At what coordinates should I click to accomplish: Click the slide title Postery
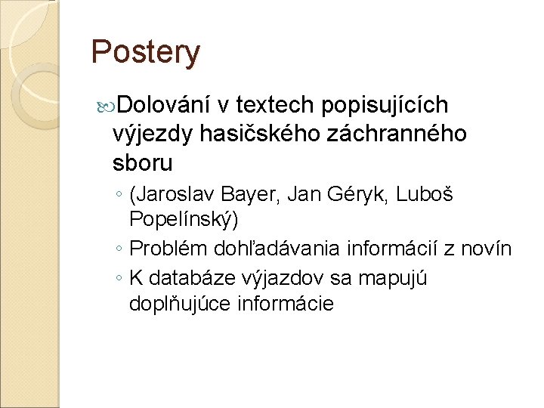click(145, 52)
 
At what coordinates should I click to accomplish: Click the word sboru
click(142, 162)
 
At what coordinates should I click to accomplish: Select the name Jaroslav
click(175, 195)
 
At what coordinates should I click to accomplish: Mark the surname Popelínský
click(184, 221)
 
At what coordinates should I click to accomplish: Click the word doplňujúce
click(181, 304)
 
